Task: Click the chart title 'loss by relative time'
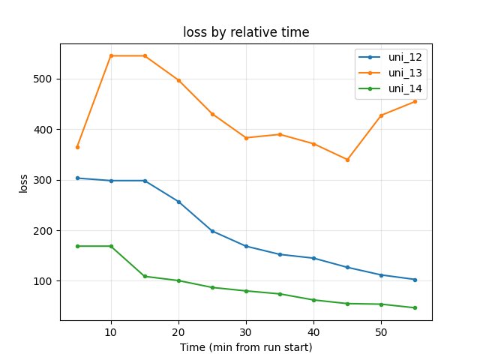pyautogui.click(x=246, y=32)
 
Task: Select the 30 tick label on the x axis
pyautogui.click(x=246, y=332)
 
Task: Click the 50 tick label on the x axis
pyautogui.click(x=381, y=332)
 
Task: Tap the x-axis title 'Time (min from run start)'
pyautogui.click(x=246, y=348)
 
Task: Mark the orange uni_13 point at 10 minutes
pyautogui.click(x=111, y=55)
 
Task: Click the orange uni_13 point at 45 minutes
pyautogui.click(x=347, y=160)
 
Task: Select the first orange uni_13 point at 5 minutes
pyautogui.click(x=77, y=147)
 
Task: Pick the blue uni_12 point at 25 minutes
pyautogui.click(x=212, y=231)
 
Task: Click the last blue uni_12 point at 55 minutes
pyautogui.click(x=415, y=280)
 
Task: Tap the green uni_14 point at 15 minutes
pyautogui.click(x=145, y=277)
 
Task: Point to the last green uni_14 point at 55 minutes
pyautogui.click(x=415, y=307)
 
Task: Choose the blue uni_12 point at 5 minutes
pyautogui.click(x=77, y=178)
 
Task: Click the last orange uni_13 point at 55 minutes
pyautogui.click(x=415, y=101)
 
